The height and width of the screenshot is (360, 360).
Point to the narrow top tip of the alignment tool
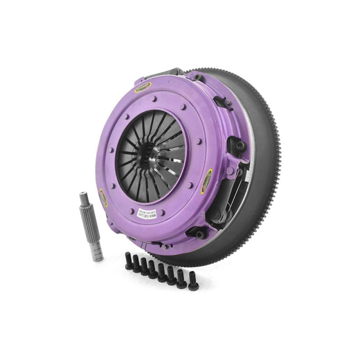tap(83, 196)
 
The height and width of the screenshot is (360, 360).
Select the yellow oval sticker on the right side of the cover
tap(210, 174)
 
